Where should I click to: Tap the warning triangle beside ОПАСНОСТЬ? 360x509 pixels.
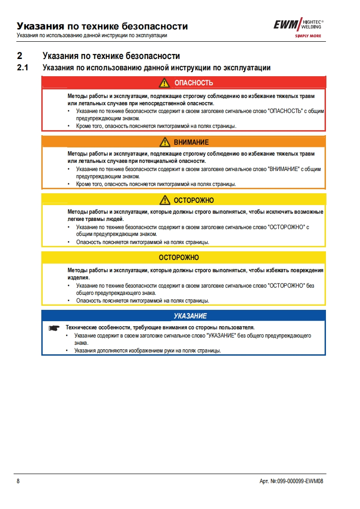[x=164, y=83]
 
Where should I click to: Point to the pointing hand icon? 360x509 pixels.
[x=54, y=328]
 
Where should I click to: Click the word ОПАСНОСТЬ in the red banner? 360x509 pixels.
[x=194, y=83]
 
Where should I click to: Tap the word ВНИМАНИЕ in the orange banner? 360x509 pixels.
[x=191, y=142]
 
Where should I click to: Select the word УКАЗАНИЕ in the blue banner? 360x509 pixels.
[x=190, y=316]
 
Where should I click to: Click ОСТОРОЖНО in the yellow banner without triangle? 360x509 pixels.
[x=179, y=258]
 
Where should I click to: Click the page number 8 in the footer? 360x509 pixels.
[x=18, y=481]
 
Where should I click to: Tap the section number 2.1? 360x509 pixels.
[x=22, y=68]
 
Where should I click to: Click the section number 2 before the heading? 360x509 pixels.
[x=19, y=56]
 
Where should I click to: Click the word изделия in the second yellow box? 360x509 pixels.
[x=78, y=277]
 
